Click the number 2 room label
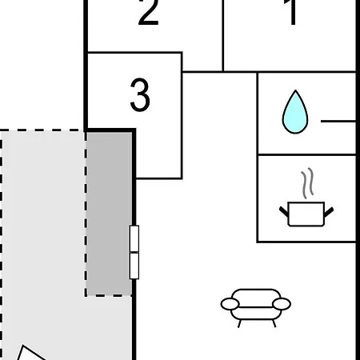click(x=148, y=12)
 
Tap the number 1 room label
click(x=292, y=12)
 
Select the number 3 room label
click(x=140, y=94)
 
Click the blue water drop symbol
click(x=295, y=112)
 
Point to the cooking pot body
click(x=306, y=214)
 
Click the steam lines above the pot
click(x=307, y=183)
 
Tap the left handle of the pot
click(x=284, y=212)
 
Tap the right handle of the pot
click(x=329, y=212)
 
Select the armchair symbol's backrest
click(x=256, y=295)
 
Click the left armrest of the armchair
click(x=230, y=304)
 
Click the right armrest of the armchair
click(x=282, y=304)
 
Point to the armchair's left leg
click(x=239, y=323)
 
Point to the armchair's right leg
click(x=274, y=323)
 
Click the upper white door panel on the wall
click(x=134, y=238)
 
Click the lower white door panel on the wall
click(x=134, y=266)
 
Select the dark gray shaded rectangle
click(x=109, y=214)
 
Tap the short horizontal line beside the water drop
click(x=338, y=122)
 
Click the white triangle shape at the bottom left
click(x=30, y=354)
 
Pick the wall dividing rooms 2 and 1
click(x=223, y=36)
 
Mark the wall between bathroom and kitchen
click(x=306, y=154)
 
